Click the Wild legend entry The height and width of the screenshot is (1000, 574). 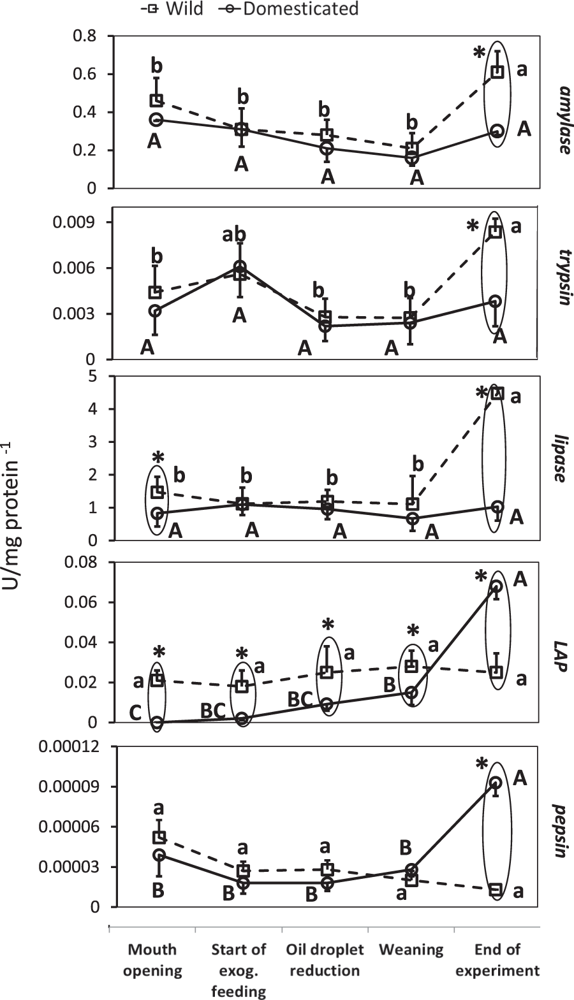pos(172,8)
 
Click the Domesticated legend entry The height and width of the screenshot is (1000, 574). pos(288,8)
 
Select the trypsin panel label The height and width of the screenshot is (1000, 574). pos(562,281)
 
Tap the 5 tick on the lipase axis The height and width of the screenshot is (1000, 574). pos(93,376)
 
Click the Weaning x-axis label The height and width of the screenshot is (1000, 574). pos(411,950)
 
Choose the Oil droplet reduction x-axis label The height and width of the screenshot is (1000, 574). pos(325,960)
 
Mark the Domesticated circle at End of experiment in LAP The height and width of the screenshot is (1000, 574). pos(496,586)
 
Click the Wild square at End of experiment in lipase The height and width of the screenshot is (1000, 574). pos(497,393)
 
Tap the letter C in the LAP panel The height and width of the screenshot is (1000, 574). pos(135,713)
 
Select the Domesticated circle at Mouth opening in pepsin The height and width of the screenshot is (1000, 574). pos(159,855)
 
